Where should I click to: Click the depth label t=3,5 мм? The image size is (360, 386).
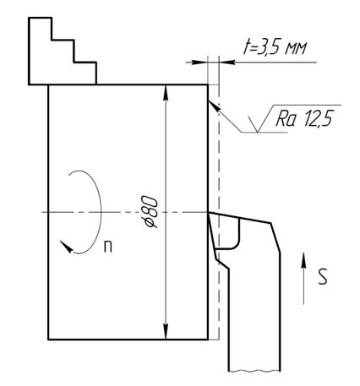pyautogui.click(x=275, y=48)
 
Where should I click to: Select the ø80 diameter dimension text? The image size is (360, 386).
pyautogui.click(x=150, y=212)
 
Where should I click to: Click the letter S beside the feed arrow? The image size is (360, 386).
pyautogui.click(x=323, y=276)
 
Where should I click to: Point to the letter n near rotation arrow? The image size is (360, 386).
pyautogui.click(x=108, y=247)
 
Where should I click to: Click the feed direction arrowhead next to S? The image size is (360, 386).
pyautogui.click(x=303, y=260)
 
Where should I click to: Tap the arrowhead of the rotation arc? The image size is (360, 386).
pyautogui.click(x=66, y=247)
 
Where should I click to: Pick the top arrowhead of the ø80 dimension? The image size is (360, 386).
pyautogui.click(x=166, y=92)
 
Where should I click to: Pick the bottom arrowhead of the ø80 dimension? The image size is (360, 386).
pyautogui.click(x=166, y=332)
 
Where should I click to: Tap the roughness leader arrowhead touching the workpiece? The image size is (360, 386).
pyautogui.click(x=214, y=106)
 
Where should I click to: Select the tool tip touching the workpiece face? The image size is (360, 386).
pyautogui.click(x=209, y=213)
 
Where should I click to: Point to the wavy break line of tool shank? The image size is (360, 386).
pyautogui.click(x=254, y=371)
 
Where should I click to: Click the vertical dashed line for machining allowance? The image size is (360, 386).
pyautogui.click(x=219, y=211)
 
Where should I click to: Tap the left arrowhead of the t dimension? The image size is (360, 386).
pyautogui.click(x=199, y=63)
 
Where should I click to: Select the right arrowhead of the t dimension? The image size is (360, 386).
pyautogui.click(x=226, y=63)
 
